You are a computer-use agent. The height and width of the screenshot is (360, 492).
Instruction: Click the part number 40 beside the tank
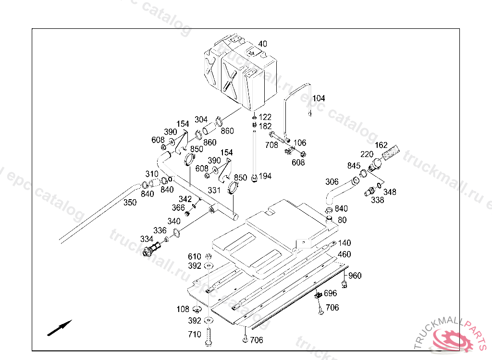(263, 44)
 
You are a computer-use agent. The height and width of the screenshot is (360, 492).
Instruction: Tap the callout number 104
(319, 98)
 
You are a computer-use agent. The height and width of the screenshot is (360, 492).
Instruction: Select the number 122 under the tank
(265, 117)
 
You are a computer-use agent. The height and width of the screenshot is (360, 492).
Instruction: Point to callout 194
(265, 176)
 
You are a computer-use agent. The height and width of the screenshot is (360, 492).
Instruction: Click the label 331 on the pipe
(214, 191)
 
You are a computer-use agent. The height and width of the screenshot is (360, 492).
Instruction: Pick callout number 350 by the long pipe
(130, 203)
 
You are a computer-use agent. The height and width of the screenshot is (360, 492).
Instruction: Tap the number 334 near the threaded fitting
(147, 239)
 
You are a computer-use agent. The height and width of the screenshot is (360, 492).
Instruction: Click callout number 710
(195, 335)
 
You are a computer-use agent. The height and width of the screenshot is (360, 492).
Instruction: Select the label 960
(355, 276)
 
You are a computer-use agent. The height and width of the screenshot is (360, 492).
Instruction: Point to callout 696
(331, 293)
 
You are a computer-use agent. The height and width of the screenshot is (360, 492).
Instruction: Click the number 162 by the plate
(381, 145)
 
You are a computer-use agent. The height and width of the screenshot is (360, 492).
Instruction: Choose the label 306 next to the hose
(332, 182)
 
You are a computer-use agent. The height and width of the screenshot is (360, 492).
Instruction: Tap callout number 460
(344, 254)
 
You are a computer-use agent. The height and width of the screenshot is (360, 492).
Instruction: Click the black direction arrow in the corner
(60, 328)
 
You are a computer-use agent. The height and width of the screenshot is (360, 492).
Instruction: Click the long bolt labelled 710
(209, 337)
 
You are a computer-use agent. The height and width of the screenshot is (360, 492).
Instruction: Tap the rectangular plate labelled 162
(391, 153)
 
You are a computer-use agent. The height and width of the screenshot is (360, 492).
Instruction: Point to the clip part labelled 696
(319, 295)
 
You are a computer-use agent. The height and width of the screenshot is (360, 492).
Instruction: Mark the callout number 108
(183, 309)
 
